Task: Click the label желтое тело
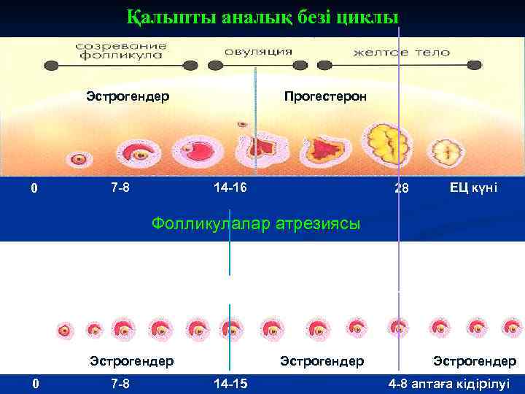coord(402,53)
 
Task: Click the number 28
coord(401,189)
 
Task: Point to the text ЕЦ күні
coord(473,188)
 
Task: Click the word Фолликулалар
coord(211,223)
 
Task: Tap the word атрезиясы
coord(319,223)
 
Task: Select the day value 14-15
coord(230,383)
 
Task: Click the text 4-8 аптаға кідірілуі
coord(449,383)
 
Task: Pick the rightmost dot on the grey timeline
coord(482,65)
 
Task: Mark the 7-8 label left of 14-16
coord(120,188)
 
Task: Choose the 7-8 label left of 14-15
coord(120,383)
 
